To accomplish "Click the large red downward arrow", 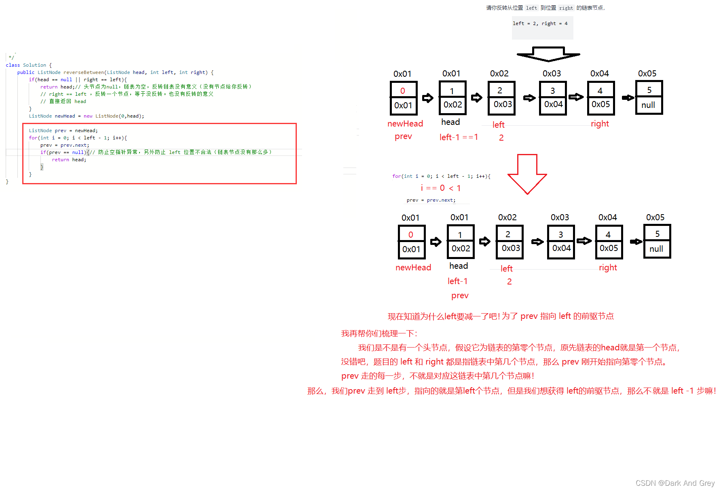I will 527,174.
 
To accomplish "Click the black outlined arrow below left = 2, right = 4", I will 548,54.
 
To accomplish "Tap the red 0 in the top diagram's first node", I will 403,91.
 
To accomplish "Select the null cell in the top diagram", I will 648,105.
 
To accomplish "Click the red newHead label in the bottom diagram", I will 413,268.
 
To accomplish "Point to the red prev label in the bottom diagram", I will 460,295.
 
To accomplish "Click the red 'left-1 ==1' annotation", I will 459,137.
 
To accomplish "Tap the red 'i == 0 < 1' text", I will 441,188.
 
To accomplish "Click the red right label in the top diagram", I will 600,124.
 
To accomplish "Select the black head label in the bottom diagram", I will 459,266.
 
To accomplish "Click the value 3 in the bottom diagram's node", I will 560,234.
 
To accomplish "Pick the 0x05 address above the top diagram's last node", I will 647,74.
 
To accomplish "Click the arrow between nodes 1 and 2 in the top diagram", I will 477,98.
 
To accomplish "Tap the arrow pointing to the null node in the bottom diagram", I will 636,242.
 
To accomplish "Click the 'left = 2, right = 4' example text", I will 540,23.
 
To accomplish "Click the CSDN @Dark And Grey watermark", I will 675,483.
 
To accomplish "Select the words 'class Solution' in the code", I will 26,65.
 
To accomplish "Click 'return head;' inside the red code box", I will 69,160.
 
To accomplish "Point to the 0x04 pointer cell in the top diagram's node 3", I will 553,104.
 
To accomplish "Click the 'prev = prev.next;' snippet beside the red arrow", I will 431,200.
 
